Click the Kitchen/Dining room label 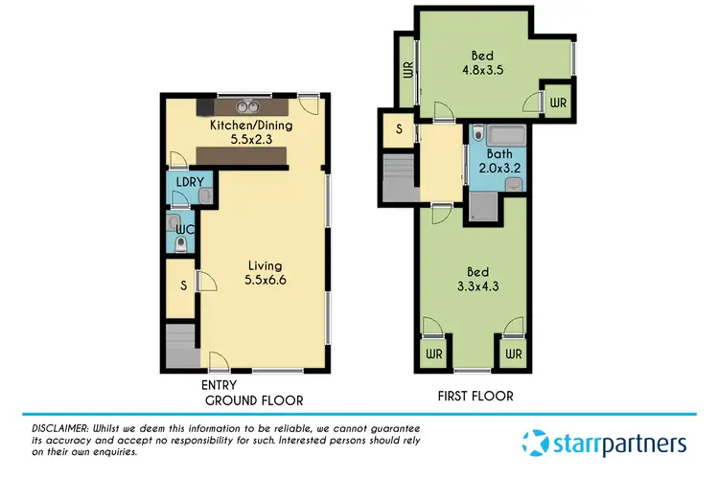pyautogui.click(x=251, y=125)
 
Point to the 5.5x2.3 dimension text pyautogui.click(x=251, y=139)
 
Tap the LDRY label pyautogui.click(x=179, y=181)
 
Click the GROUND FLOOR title pyautogui.click(x=254, y=400)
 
